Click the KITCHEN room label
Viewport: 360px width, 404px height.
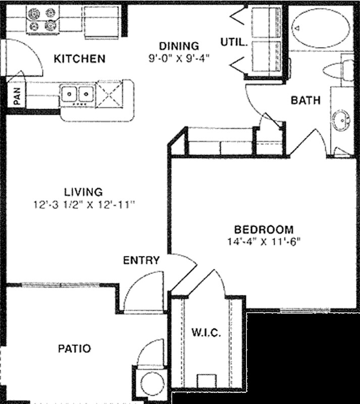pyautogui.click(x=80, y=59)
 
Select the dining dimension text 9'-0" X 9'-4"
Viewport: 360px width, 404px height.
pyautogui.click(x=179, y=58)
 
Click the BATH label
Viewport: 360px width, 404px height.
pyautogui.click(x=305, y=100)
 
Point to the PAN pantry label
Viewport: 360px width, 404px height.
pyautogui.click(x=16, y=96)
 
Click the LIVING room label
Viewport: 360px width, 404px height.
pyautogui.click(x=83, y=192)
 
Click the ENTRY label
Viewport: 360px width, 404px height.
pyautogui.click(x=141, y=261)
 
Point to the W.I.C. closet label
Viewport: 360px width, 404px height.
pyautogui.click(x=205, y=333)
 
